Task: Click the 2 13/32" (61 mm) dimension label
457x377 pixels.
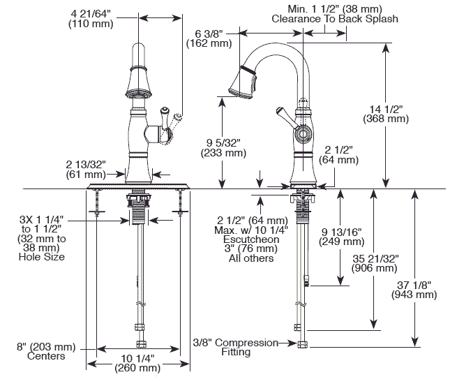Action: point(86,169)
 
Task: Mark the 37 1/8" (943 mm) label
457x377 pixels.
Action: point(416,289)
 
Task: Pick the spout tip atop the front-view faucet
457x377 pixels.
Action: point(138,54)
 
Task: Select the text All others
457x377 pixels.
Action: point(251,259)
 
